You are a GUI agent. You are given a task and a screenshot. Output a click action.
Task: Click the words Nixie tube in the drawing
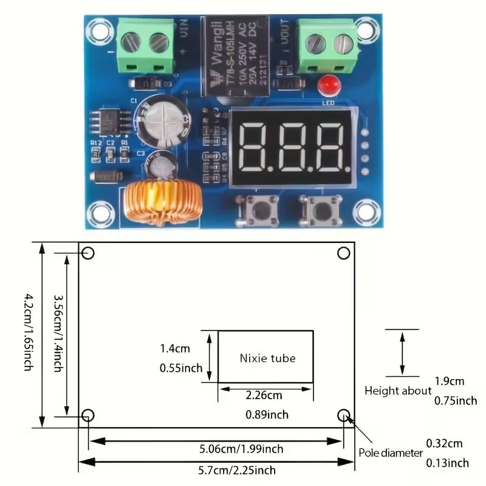pyautogui.click(x=267, y=358)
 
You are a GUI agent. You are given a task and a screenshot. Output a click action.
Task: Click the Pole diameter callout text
pyautogui.click(x=390, y=453)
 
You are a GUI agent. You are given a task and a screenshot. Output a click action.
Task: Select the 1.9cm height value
pyautogui.click(x=449, y=382)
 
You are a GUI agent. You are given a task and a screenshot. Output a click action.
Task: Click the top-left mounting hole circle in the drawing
pyautogui.click(x=88, y=253)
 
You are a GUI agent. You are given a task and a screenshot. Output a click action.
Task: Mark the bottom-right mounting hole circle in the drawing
pyautogui.click(x=344, y=415)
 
